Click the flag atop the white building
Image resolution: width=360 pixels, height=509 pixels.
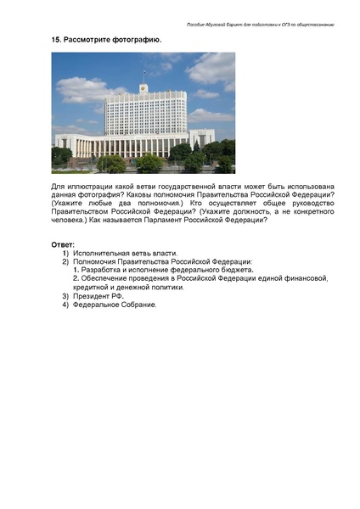143,86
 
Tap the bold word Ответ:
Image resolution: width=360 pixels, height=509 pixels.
63,244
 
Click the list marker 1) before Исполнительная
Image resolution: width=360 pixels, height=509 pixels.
65,253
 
